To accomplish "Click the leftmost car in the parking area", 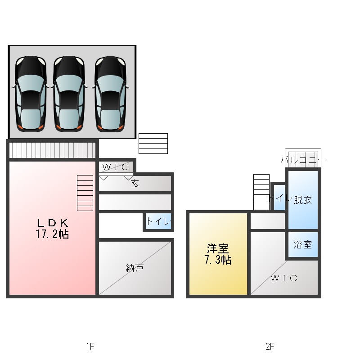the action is pos(31,94).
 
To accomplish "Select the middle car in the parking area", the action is pos(69,94).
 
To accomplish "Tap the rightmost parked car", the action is pos(110,94).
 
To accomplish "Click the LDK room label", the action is pos(53,223).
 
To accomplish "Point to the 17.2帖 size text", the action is pos(52,234).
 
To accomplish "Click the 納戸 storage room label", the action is pos(135,268).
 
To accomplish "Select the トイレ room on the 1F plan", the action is pos(159,221).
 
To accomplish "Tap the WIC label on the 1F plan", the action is pos(116,167).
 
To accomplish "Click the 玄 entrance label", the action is pos(135,184).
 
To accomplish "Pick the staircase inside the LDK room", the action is pos(85,193).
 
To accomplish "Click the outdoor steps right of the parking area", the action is pos(153,144).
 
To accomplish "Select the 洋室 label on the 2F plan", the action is pos(218,248).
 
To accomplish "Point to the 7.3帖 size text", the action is pos(218,260).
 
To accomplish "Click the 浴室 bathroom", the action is pos(303,244).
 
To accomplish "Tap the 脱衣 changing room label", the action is pos(303,200).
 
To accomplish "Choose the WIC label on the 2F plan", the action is pos(284,278).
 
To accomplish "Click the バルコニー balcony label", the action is pos(303,160).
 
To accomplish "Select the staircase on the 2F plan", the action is pos(261,192).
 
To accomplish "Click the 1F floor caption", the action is pos(90,346).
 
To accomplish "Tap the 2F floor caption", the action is pos(270,346).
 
